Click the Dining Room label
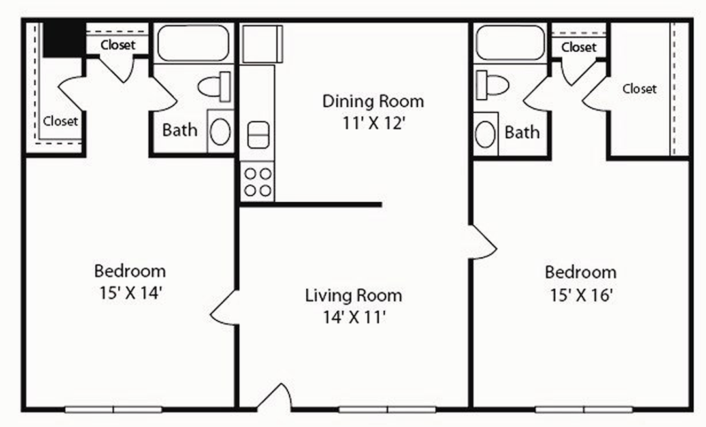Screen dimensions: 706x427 pyautogui.click(x=373, y=101)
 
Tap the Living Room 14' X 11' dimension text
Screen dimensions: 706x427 pyautogui.click(x=354, y=317)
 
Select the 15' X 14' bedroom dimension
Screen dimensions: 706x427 pyautogui.click(x=131, y=292)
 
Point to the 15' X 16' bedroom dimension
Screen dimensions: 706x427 pyautogui.click(x=581, y=295)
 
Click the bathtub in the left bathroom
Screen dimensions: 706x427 pyautogui.click(x=193, y=43)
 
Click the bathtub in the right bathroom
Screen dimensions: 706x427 pyautogui.click(x=510, y=43)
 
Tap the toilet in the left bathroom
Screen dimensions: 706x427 pyautogui.click(x=214, y=86)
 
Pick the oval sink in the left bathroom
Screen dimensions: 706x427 pyautogui.click(x=220, y=132)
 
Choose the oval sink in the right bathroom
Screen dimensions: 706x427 pyautogui.click(x=485, y=134)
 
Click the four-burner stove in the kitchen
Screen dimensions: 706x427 pyautogui.click(x=257, y=182)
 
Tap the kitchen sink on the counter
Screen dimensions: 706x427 pyautogui.click(x=258, y=135)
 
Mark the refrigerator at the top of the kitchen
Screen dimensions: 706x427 pyautogui.click(x=262, y=44)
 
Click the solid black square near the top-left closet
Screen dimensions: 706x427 pyautogui.click(x=64, y=39)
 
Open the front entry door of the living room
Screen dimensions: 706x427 pyautogui.click(x=274, y=397)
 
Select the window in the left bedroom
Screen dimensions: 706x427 pyautogui.click(x=113, y=409)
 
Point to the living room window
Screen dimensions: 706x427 pyautogui.click(x=387, y=409)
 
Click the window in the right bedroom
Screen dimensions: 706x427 pyautogui.click(x=583, y=409)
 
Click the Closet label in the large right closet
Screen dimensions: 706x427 pyautogui.click(x=639, y=89)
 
